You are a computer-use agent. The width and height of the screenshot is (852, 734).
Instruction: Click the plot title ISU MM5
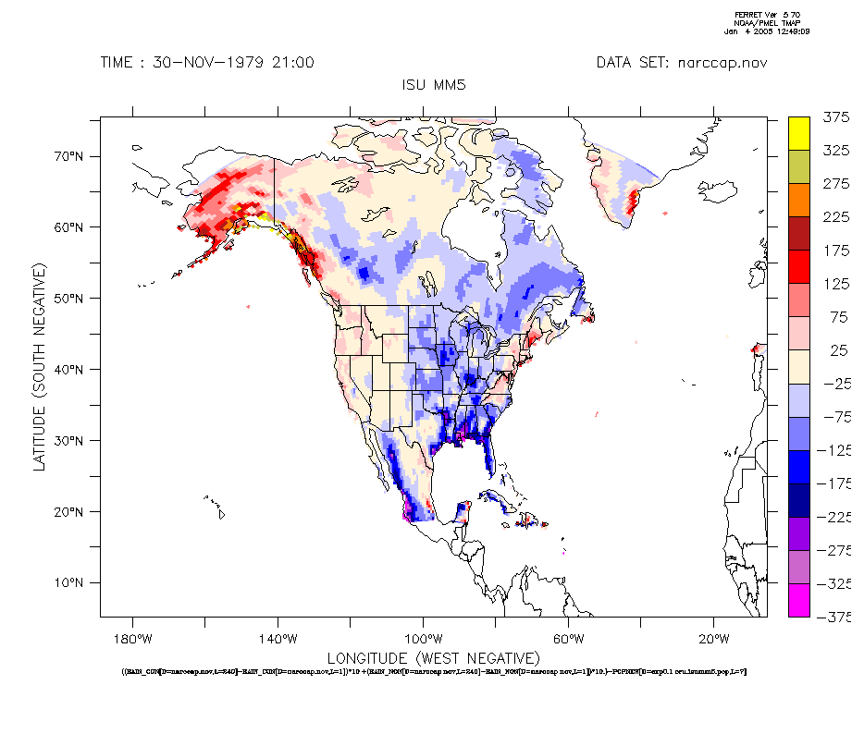click(x=434, y=85)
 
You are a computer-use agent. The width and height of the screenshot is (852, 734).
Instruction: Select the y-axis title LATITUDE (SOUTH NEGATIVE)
click(x=40, y=367)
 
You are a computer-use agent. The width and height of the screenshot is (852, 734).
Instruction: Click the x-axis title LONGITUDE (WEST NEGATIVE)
click(x=433, y=657)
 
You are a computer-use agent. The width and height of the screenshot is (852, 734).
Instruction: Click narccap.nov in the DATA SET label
click(x=722, y=63)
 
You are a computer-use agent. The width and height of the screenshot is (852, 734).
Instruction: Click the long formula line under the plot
click(x=434, y=671)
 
